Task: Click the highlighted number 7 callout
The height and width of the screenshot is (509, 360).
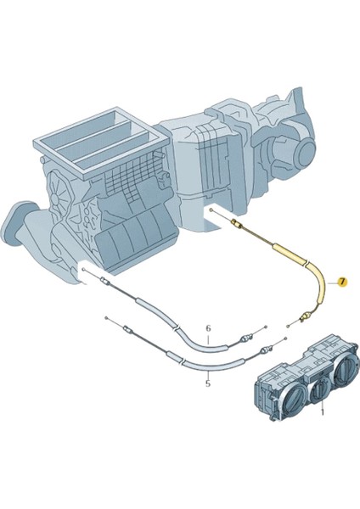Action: click(342, 282)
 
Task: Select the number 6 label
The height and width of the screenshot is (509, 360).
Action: click(208, 327)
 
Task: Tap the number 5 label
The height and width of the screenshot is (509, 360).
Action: click(208, 383)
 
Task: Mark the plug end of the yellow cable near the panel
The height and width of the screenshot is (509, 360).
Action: click(303, 318)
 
